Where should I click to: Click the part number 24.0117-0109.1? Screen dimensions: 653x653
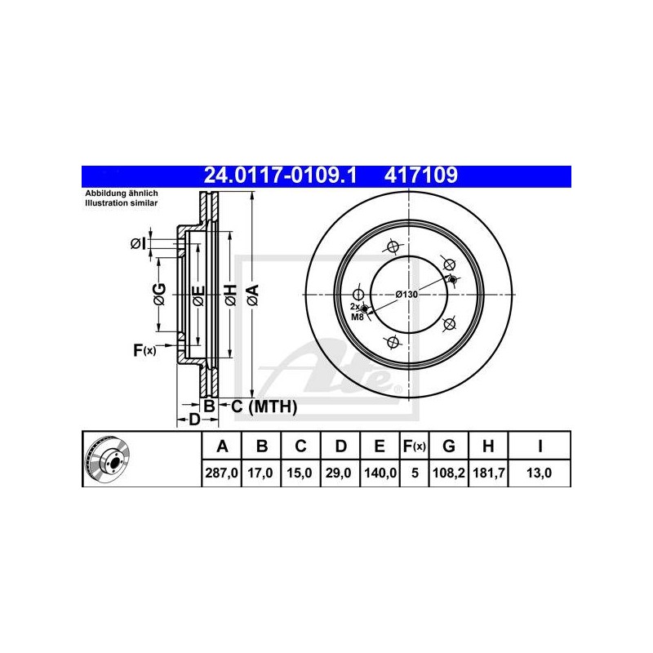(280, 175)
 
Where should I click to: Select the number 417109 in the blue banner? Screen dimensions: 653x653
(421, 175)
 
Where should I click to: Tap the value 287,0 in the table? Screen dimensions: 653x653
(221, 473)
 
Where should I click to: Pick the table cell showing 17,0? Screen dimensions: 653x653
(260, 473)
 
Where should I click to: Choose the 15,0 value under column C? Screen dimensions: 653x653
(300, 473)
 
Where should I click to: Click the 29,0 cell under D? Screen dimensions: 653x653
(339, 473)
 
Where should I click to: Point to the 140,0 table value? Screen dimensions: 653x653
(380, 473)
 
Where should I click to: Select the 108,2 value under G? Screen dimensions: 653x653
(448, 473)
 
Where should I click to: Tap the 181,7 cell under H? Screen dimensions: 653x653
(488, 473)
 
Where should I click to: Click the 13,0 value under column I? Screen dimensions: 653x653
(539, 473)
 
